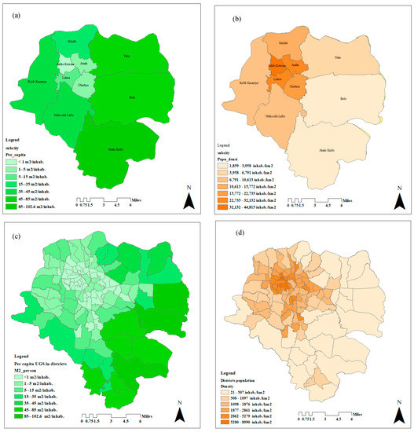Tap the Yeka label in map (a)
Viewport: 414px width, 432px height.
tap(126, 56)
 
